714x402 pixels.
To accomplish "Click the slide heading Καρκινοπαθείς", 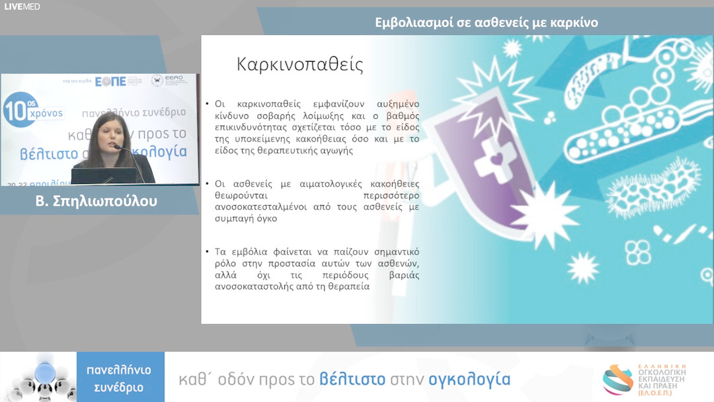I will pos(300,65).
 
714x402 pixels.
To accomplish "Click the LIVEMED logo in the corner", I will pos(22,6).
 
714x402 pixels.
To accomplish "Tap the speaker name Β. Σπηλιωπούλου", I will pos(97,201).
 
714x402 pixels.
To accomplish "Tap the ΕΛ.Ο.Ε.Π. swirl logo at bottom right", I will pos(617,379).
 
